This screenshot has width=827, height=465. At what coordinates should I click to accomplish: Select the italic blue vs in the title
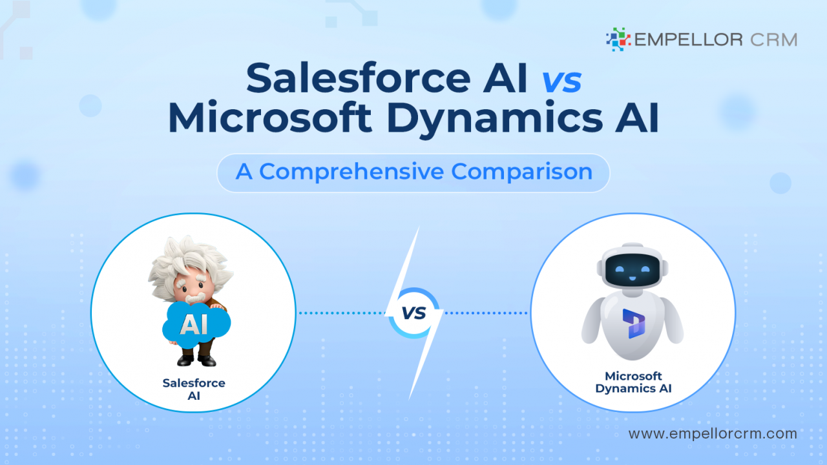[561, 80]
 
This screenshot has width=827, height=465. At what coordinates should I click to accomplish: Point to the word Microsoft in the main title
[270, 118]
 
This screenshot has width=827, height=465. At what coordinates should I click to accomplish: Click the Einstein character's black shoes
[194, 360]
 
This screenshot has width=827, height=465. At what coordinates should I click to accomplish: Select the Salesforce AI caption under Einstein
[194, 389]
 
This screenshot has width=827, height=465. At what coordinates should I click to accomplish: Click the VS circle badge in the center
[413, 313]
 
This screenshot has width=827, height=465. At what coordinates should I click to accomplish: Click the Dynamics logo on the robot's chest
[632, 323]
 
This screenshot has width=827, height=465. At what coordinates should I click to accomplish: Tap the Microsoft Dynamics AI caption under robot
[633, 382]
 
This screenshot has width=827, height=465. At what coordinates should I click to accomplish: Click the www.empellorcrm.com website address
[713, 434]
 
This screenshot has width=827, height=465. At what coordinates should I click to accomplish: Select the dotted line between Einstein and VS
[341, 313]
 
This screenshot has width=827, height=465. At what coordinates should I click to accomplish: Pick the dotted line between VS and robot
[486, 313]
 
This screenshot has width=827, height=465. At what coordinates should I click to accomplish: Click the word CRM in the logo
[774, 39]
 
